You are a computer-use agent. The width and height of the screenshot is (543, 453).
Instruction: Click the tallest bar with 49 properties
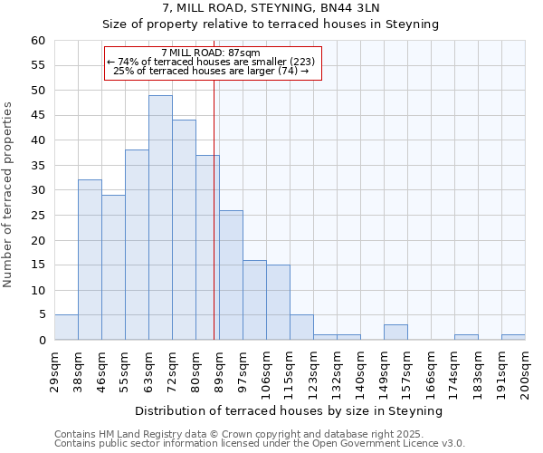click(160, 217)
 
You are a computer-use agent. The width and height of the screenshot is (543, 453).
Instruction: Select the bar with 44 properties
click(184, 230)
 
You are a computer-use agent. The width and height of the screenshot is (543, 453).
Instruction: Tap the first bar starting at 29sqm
click(66, 328)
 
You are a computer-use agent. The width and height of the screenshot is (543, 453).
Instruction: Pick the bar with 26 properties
click(231, 275)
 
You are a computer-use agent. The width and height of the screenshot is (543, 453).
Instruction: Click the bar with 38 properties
click(137, 245)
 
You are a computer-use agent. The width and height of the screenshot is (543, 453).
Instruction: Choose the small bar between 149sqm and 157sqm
click(395, 333)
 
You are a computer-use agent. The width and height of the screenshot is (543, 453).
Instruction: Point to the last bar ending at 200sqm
click(513, 338)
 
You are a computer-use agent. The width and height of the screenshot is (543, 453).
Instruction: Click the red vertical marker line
click(214, 226)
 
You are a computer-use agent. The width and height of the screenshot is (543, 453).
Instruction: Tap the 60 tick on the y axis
click(38, 41)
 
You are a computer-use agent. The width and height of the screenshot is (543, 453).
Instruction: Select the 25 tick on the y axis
click(38, 216)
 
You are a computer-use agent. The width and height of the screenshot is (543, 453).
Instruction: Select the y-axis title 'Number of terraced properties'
click(8, 195)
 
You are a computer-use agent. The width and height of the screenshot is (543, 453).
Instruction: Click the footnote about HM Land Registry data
click(258, 434)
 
